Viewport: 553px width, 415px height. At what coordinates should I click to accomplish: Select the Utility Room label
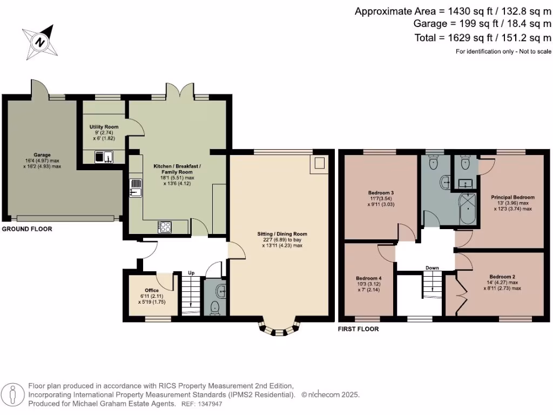pos(104,127)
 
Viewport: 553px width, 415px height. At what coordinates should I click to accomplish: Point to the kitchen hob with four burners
pos(165,227)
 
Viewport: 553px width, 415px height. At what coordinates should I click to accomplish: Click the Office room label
pos(152,290)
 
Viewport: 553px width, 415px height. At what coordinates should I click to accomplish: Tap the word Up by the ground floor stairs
pos(191,273)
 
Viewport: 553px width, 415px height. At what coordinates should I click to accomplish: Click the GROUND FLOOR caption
pos(27,229)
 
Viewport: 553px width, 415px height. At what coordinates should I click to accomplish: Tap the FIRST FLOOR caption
pos(358,329)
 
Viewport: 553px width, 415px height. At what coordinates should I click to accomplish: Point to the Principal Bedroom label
pos(512,197)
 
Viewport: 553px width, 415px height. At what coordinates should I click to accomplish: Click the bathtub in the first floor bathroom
pos(466,210)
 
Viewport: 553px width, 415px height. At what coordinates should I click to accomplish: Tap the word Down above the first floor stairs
pos(432,267)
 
